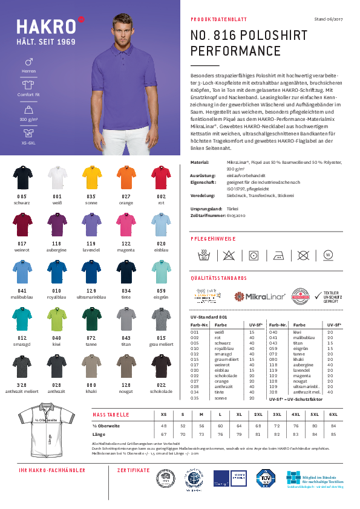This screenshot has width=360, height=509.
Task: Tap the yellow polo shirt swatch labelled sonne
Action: (x=90, y=177)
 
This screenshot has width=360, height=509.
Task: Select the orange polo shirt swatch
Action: (x=125, y=177)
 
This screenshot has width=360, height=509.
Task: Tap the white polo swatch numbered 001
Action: (x=56, y=177)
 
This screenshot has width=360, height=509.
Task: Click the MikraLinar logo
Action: (x=255, y=296)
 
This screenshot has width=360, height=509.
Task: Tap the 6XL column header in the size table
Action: (x=333, y=415)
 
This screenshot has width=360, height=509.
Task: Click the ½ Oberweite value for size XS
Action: (x=163, y=426)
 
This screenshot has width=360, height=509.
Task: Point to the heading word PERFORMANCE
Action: (x=235, y=51)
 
